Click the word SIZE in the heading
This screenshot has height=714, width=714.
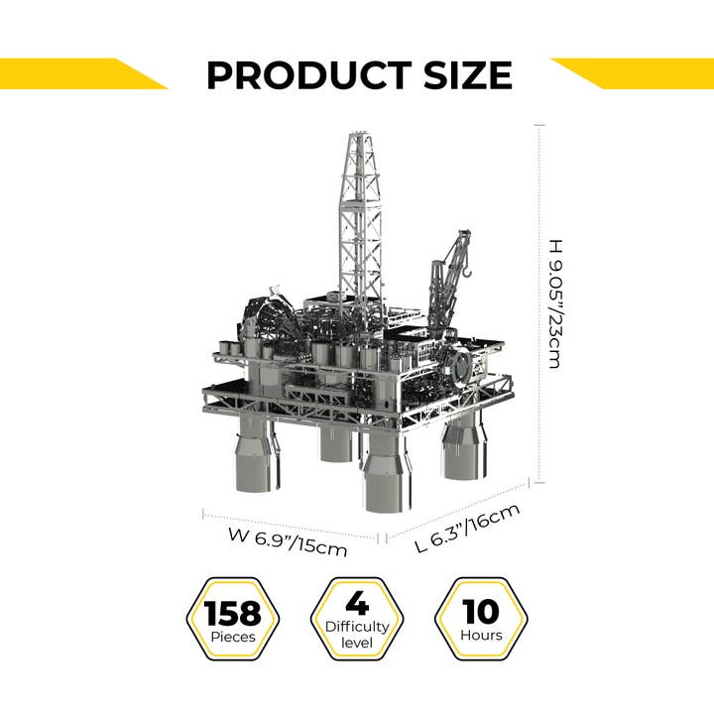click(463, 76)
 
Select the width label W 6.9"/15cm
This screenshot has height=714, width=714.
click(287, 543)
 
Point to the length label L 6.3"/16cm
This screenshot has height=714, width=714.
click(466, 529)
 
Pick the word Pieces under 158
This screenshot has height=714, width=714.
click(233, 637)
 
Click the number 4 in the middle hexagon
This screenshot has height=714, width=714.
click(357, 603)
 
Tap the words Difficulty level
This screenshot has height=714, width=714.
click(357, 635)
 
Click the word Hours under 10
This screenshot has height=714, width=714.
click(481, 636)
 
